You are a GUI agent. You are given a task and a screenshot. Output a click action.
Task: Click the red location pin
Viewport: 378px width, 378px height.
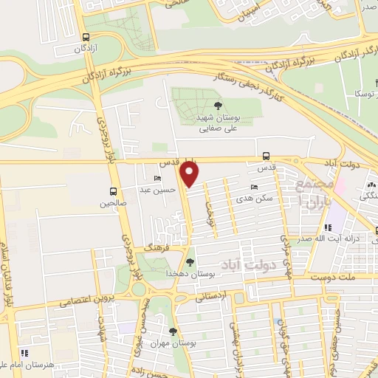(190, 174)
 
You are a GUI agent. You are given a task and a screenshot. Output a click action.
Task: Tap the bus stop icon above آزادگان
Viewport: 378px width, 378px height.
(87, 37)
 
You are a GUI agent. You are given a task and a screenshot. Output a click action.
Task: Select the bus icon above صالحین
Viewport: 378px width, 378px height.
(114, 190)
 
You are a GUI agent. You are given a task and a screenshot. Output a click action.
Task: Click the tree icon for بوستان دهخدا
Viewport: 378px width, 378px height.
(191, 262)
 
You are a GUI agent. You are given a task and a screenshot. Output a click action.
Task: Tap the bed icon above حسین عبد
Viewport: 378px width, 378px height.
(157, 179)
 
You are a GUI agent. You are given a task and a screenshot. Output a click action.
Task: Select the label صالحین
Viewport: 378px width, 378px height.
(114, 201)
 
